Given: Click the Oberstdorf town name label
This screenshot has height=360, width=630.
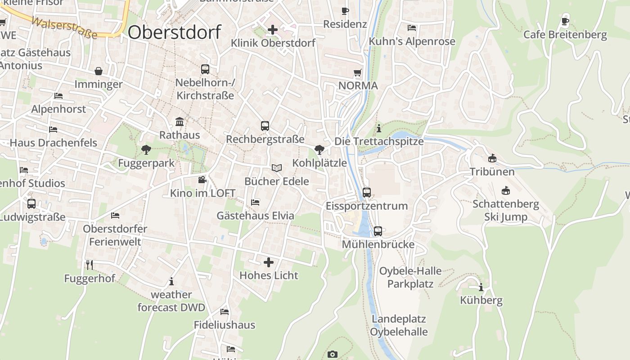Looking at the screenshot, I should (x=175, y=32).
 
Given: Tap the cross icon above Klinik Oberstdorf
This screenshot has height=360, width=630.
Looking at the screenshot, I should (x=272, y=30).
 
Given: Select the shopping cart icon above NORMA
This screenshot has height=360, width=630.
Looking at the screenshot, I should (x=358, y=72).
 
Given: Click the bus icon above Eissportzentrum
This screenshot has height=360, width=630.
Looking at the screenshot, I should (x=367, y=193).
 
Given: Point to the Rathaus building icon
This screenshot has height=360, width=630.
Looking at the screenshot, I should (x=180, y=121).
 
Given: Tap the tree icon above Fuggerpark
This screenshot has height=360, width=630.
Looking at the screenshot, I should (x=146, y=149).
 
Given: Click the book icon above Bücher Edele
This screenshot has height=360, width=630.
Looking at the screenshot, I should (x=276, y=168).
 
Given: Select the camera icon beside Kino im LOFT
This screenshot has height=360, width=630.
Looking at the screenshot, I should (x=202, y=180).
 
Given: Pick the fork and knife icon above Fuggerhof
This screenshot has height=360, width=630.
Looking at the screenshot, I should (x=90, y=265).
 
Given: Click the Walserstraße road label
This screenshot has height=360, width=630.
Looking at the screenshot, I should (x=65, y=28).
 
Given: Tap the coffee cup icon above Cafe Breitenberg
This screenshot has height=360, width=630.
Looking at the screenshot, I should (x=565, y=21).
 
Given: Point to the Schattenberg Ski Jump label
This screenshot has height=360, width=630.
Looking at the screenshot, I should (x=506, y=211).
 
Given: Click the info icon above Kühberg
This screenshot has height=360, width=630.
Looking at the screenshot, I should (x=481, y=287).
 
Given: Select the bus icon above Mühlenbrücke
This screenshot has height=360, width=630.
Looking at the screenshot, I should (x=378, y=231).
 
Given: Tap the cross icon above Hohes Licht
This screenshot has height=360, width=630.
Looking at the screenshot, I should (x=269, y=262).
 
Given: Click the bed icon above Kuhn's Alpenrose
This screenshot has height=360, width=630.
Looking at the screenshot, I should (x=412, y=28).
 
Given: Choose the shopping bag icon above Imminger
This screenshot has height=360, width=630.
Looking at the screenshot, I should (x=99, y=71).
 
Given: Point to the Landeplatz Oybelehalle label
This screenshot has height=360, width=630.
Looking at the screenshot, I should (x=399, y=325).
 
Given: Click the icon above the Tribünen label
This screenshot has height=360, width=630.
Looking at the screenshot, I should (x=492, y=158).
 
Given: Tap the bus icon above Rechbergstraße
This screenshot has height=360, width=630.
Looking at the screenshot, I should (x=265, y=126).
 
